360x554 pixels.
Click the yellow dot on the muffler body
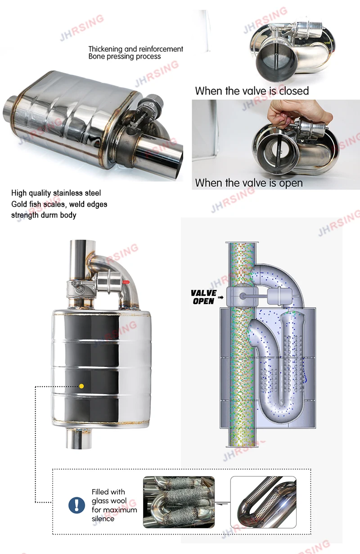tap(81, 386)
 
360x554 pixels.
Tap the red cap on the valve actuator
tap(126, 282)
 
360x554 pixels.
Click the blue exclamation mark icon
tap(76, 505)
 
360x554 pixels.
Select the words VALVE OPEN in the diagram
tap(203, 297)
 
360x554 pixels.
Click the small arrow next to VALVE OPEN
tap(220, 297)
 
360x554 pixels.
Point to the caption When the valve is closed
tap(252, 91)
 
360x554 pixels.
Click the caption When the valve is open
tap(248, 183)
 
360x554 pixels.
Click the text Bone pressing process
tap(124, 57)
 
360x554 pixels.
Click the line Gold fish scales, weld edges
tap(59, 204)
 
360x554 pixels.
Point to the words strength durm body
tap(44, 215)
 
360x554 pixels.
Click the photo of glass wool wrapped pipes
tap(179, 502)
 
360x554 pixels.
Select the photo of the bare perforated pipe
tap(263, 502)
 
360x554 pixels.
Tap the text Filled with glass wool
tap(108, 496)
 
